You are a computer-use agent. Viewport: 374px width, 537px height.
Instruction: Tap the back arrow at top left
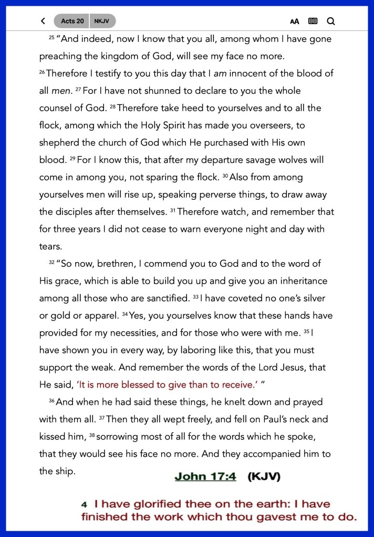43,22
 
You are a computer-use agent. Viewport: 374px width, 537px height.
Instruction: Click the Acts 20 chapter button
72,22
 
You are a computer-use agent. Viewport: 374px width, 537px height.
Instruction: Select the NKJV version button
102,22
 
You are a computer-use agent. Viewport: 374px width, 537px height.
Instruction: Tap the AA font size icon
295,22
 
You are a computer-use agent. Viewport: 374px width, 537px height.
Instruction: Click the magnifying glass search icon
330,22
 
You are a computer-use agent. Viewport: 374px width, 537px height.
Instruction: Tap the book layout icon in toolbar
313,22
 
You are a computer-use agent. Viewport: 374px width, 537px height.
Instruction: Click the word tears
50,246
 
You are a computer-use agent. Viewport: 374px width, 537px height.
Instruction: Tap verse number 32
51,262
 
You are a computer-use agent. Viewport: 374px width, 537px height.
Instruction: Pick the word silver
312,298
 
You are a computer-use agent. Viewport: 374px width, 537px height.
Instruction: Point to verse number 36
51,401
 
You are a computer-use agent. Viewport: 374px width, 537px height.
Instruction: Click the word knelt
231,402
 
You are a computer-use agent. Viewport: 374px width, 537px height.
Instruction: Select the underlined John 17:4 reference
205,476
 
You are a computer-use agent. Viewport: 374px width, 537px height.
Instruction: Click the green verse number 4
84,504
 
